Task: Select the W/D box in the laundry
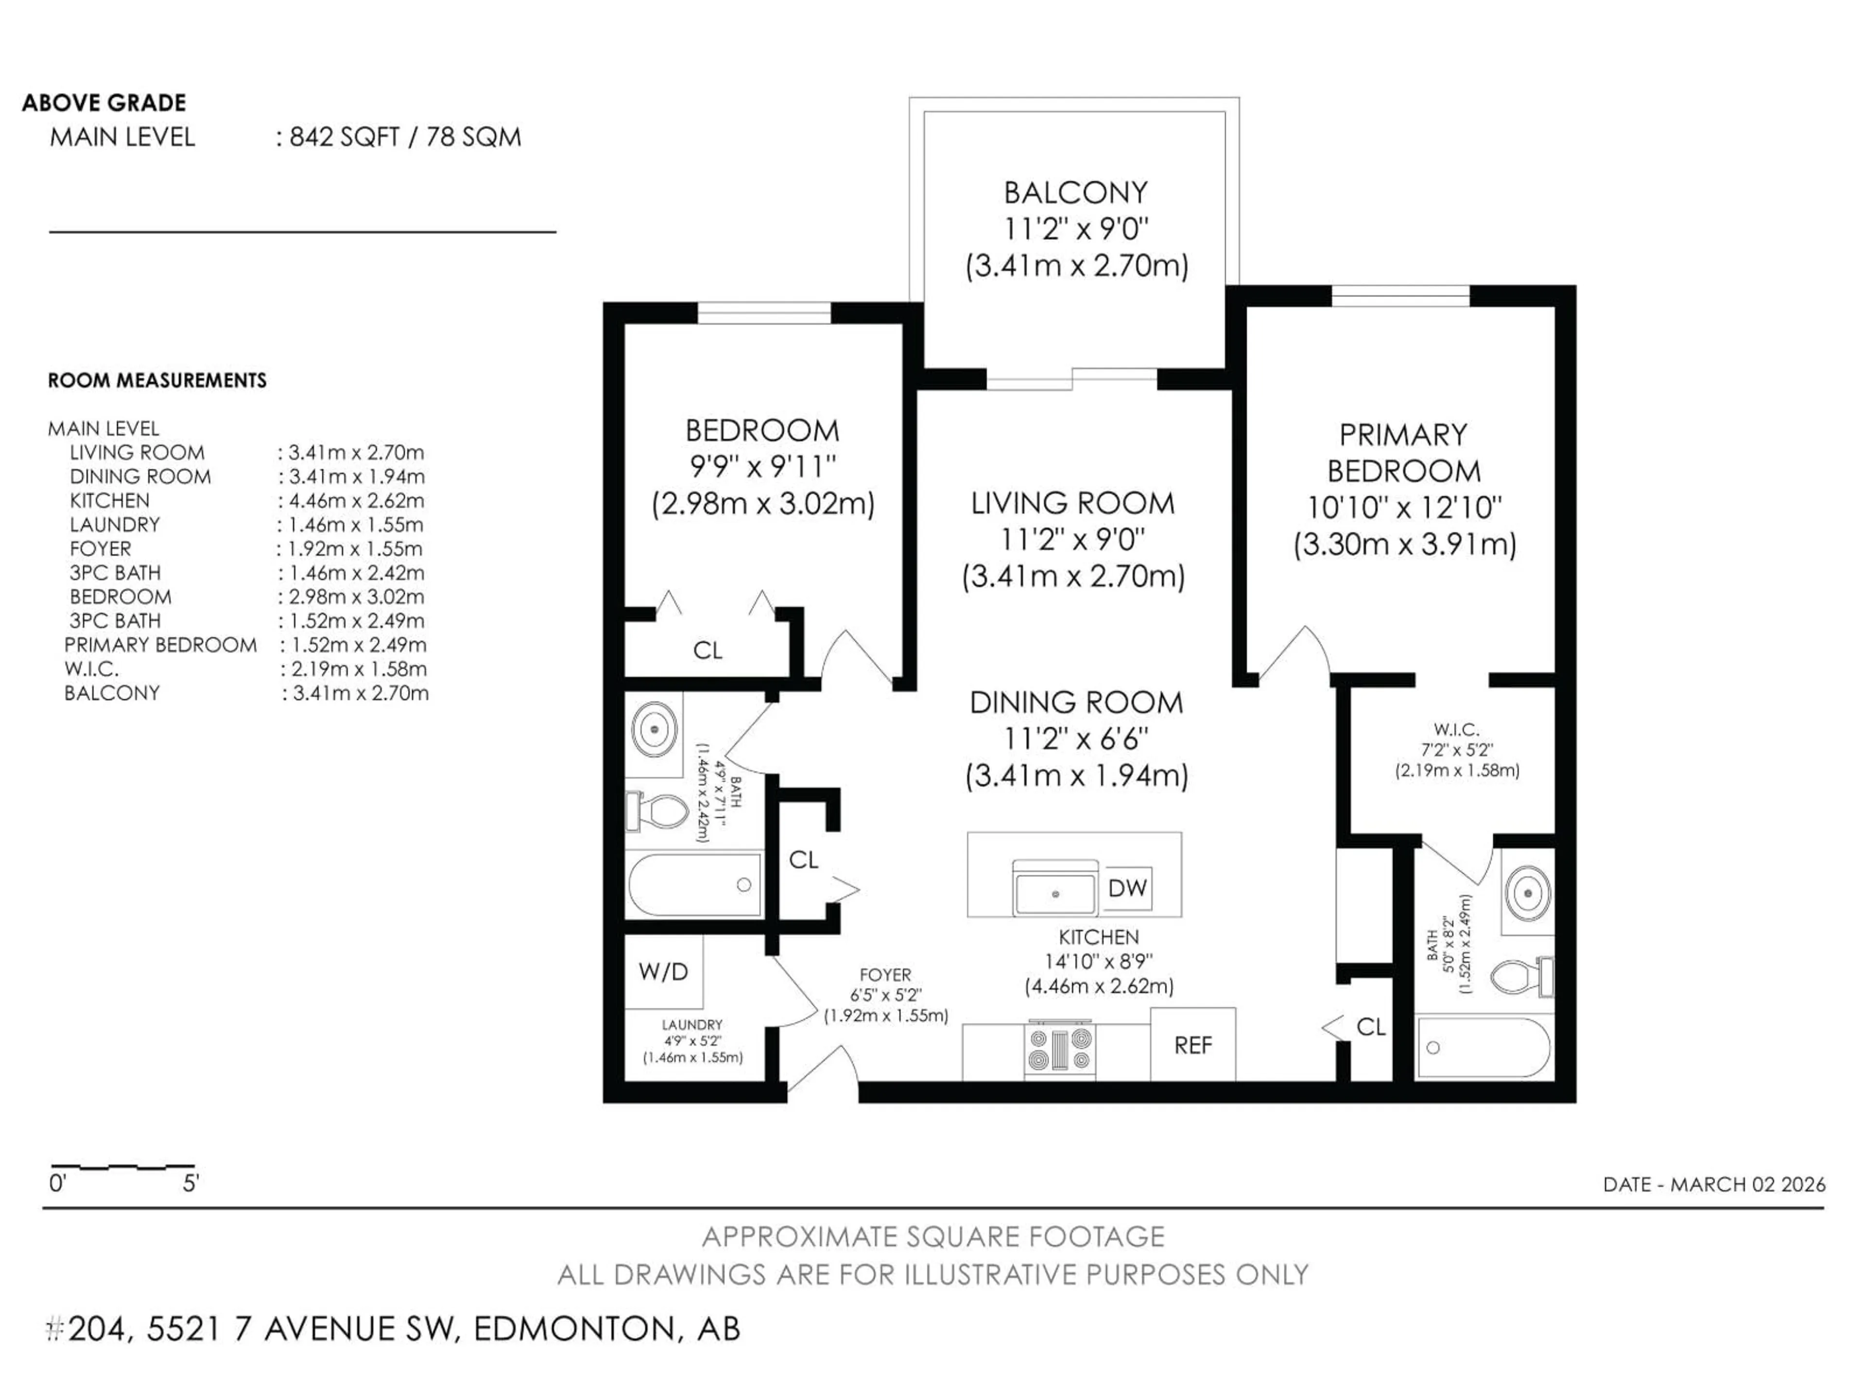tap(663, 971)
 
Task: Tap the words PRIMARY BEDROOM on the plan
tap(1404, 452)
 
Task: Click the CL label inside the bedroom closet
tap(707, 650)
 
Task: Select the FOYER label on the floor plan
tap(885, 975)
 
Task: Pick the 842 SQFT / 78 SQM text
tap(405, 137)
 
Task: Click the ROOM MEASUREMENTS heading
tap(157, 381)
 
